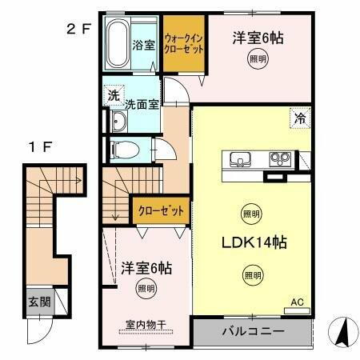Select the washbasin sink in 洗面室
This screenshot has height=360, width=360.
118,122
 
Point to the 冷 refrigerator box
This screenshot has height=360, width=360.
298,117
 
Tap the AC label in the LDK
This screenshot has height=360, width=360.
297,302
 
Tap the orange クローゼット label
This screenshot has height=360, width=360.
160,210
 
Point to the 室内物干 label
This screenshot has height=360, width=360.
145,324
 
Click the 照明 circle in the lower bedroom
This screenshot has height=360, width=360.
146,290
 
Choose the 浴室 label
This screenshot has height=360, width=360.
144,45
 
